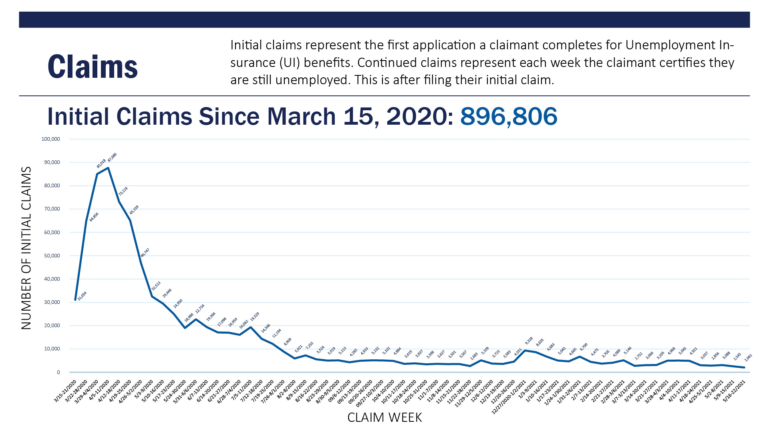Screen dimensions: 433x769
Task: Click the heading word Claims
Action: [93, 67]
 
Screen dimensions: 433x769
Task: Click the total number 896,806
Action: [508, 116]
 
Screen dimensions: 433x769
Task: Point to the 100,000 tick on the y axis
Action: [50, 139]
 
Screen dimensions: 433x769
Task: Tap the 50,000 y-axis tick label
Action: [52, 256]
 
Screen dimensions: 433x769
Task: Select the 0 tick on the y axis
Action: [58, 372]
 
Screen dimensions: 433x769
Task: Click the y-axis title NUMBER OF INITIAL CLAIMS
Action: [26, 248]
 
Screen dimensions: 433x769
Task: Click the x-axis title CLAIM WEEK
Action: [384, 417]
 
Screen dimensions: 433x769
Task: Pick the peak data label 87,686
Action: [112, 157]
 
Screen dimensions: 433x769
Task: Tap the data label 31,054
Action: [82, 296]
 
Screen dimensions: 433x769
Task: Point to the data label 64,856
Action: [94, 217]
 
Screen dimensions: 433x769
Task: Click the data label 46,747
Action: [145, 253]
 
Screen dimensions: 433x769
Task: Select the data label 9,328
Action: [529, 341]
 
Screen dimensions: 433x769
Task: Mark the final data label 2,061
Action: [748, 358]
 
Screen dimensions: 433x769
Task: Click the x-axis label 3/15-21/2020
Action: [65, 391]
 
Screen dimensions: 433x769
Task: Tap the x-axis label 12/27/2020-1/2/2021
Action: [509, 397]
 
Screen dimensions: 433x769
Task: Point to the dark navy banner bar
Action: [384, 20]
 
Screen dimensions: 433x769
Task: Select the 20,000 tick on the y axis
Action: [52, 326]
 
